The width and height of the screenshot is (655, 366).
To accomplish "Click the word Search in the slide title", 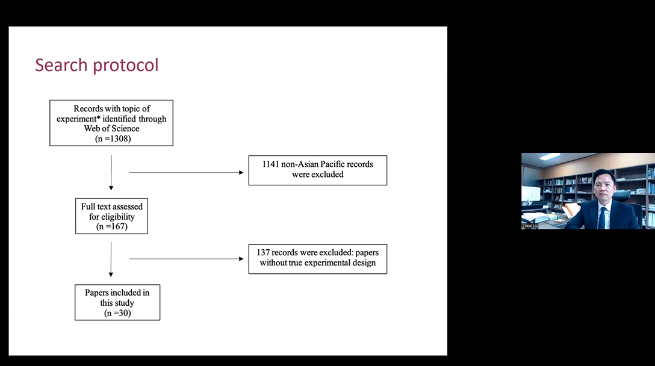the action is click(x=61, y=65).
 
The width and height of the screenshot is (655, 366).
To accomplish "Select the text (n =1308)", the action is click(x=113, y=138).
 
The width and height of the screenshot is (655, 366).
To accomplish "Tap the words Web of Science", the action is click(x=111, y=129).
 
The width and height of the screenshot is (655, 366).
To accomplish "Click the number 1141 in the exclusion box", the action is click(x=270, y=164).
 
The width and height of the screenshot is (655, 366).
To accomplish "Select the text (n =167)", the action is click(x=111, y=226).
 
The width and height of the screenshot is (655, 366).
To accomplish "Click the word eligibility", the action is click(x=117, y=217).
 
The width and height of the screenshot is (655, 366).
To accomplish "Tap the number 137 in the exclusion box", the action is click(x=263, y=252).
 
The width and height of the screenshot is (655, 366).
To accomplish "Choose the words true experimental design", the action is click(x=332, y=263).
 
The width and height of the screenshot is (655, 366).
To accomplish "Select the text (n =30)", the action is click(x=117, y=313).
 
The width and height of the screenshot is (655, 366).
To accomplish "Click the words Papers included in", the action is click(x=117, y=293).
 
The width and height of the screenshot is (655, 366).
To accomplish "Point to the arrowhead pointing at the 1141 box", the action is click(x=241, y=173).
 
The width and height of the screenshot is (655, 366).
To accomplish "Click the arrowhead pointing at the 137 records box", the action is click(x=241, y=259).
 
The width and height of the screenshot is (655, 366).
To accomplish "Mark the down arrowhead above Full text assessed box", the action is click(x=111, y=188).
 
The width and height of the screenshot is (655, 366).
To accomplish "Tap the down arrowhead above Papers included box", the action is click(x=111, y=274).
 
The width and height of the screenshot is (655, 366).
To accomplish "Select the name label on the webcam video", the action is click(x=530, y=226).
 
